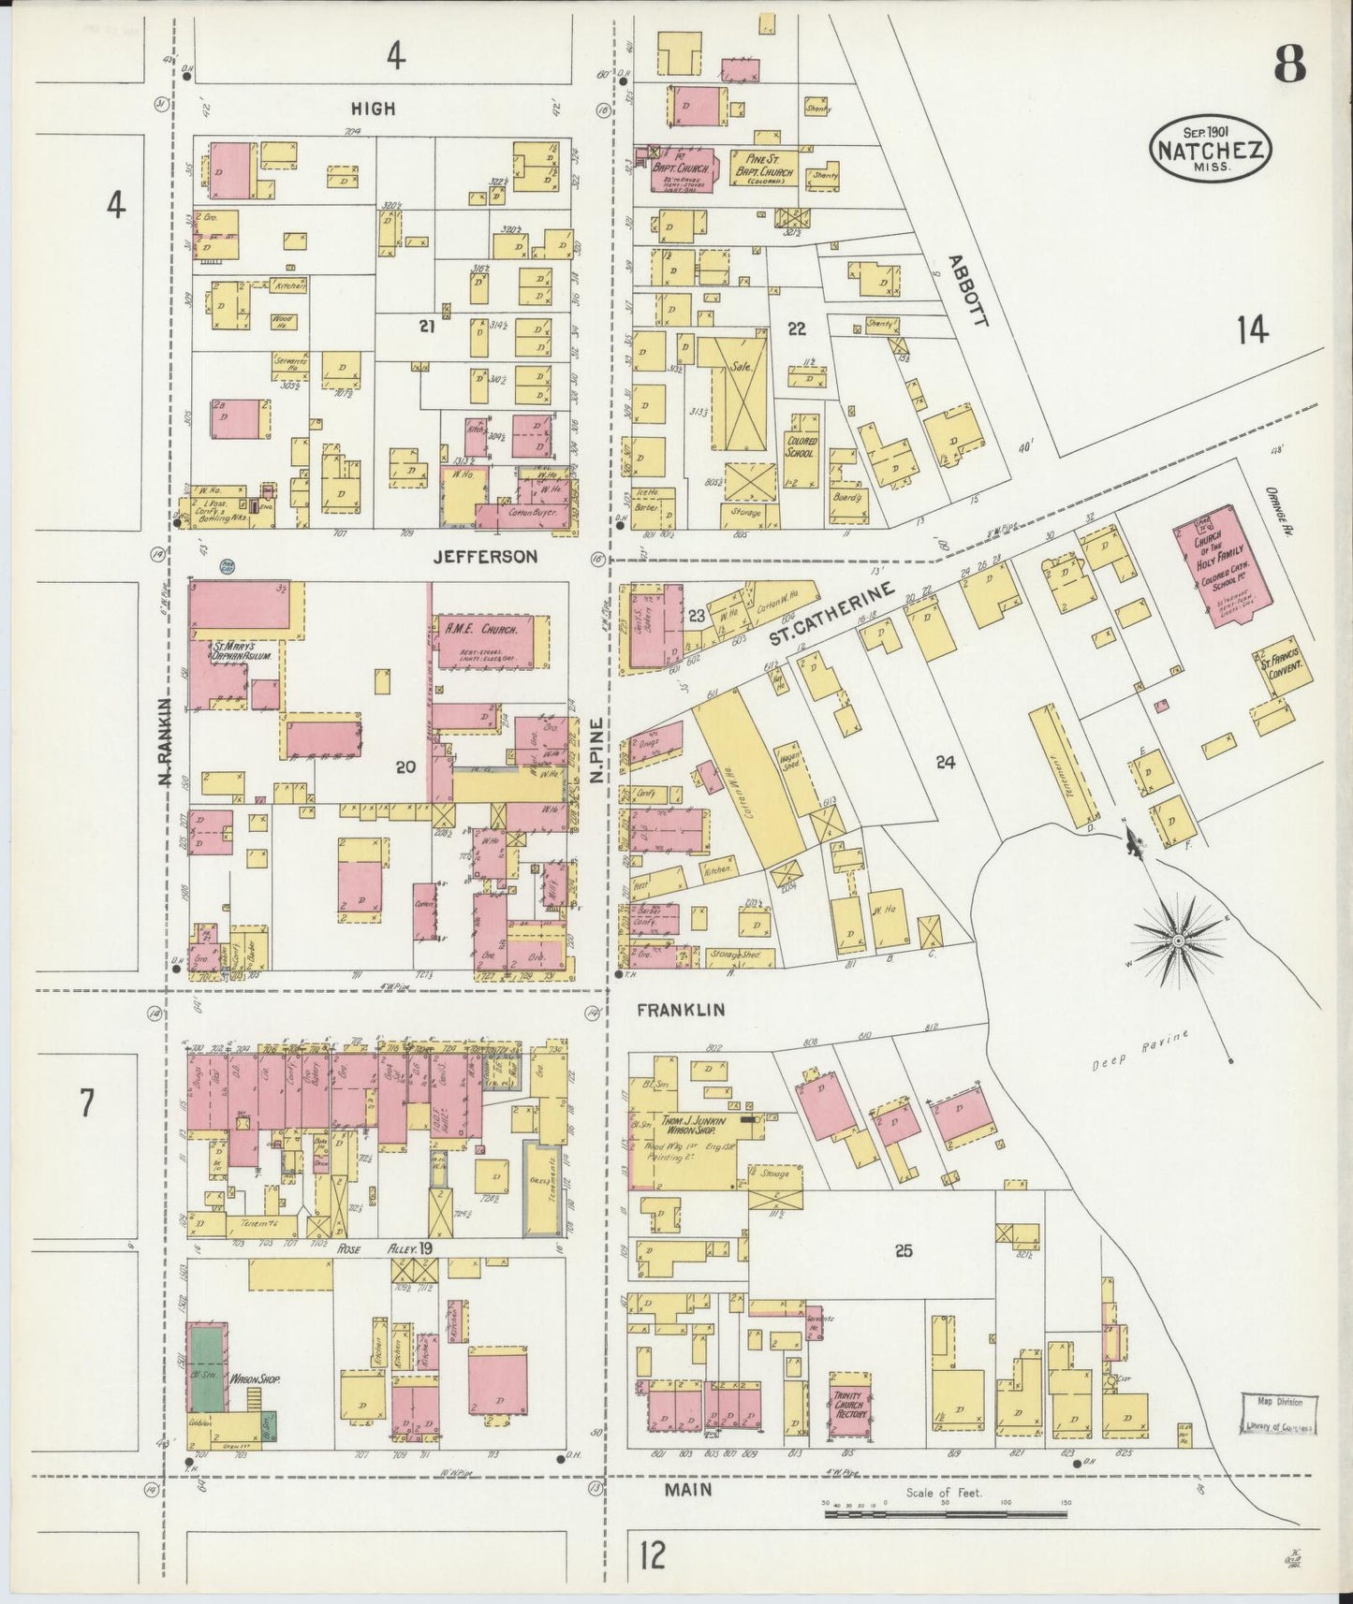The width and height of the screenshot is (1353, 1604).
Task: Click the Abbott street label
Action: coord(967,290)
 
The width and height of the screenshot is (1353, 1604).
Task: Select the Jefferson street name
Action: coord(485,557)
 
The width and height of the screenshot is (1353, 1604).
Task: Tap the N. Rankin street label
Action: coord(166,740)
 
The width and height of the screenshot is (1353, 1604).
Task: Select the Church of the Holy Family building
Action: coord(1217,566)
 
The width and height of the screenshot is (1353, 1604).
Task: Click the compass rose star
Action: coord(1178,939)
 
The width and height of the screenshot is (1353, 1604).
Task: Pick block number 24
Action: coord(945,763)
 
